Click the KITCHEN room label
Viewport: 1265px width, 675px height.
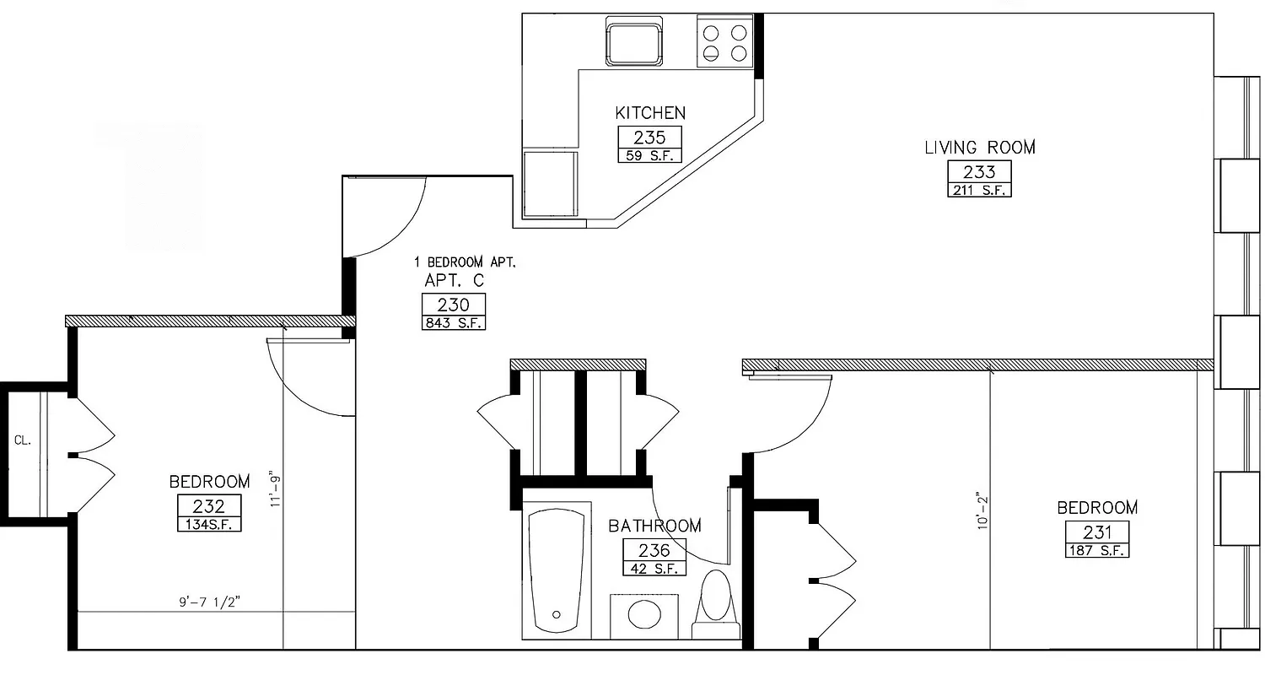pos(649,112)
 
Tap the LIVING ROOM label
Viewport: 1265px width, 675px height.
pos(979,148)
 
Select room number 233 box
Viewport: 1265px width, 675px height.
pos(979,171)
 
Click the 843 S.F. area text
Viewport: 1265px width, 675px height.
pos(454,322)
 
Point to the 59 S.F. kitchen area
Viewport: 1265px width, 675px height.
pos(649,155)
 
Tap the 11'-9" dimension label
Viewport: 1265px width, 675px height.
pos(272,489)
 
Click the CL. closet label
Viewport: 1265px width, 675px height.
pos(22,440)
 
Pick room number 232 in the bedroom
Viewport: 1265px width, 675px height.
pos(209,506)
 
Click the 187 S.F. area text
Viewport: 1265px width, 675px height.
pos(1096,550)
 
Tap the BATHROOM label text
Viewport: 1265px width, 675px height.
pos(654,526)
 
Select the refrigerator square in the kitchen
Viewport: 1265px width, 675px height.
pos(551,184)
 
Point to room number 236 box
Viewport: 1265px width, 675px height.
pos(654,550)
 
